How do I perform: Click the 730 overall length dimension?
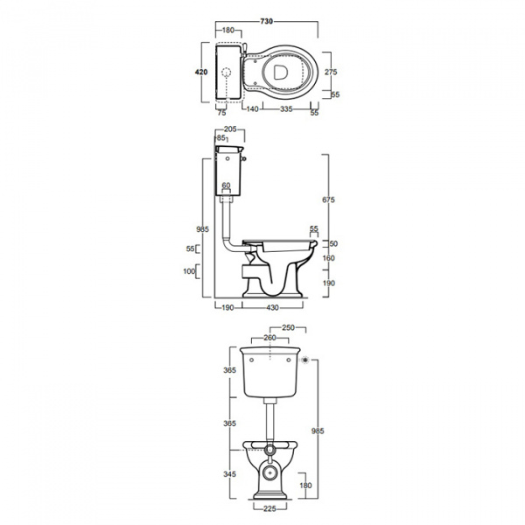pos(267,21)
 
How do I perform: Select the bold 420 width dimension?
pos(201,72)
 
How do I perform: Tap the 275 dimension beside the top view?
pos(331,72)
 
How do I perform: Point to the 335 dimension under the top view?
pos(286,109)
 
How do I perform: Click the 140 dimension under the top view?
pos(252,109)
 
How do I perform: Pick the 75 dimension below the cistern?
pos(221,113)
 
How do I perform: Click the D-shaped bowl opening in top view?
pos(281,73)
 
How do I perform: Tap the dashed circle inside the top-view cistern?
pos(227,73)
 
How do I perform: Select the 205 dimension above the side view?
pos(230,129)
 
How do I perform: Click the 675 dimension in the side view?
pos(328,199)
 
